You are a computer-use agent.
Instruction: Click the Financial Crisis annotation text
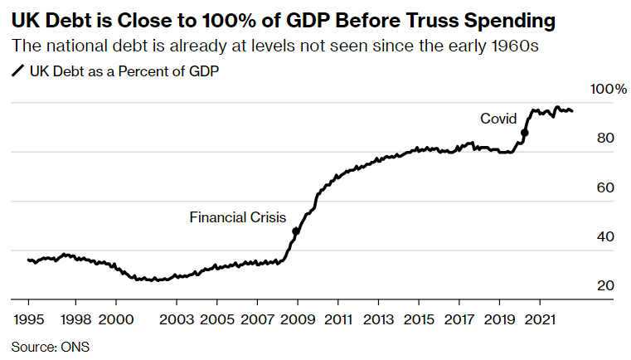click(x=237, y=217)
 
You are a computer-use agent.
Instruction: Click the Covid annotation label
click(x=498, y=119)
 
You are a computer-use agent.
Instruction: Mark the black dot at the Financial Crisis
click(x=296, y=231)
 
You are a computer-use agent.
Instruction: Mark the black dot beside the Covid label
click(x=524, y=133)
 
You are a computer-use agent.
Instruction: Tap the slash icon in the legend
click(x=17, y=72)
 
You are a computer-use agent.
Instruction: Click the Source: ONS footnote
click(x=50, y=347)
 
